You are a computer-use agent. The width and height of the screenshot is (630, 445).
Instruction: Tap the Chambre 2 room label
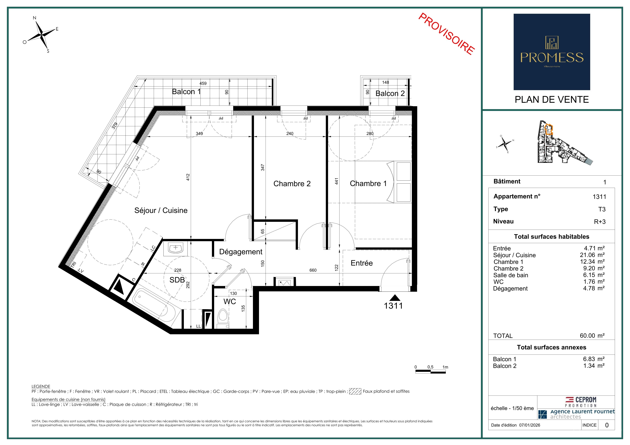(x=292, y=184)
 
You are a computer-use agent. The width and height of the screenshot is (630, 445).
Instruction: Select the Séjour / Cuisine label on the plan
(x=161, y=210)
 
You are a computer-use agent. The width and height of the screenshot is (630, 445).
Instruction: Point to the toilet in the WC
(x=222, y=318)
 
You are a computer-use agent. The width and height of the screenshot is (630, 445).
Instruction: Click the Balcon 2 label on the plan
(x=390, y=93)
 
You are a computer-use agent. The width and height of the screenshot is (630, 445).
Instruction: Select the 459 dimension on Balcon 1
(x=203, y=83)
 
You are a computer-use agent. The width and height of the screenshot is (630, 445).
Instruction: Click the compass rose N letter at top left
(x=35, y=18)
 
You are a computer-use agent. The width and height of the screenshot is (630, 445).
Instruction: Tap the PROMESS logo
(x=552, y=52)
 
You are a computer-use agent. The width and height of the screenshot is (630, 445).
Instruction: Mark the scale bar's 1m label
(x=445, y=367)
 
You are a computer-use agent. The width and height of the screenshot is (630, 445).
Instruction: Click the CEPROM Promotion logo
(x=581, y=402)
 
